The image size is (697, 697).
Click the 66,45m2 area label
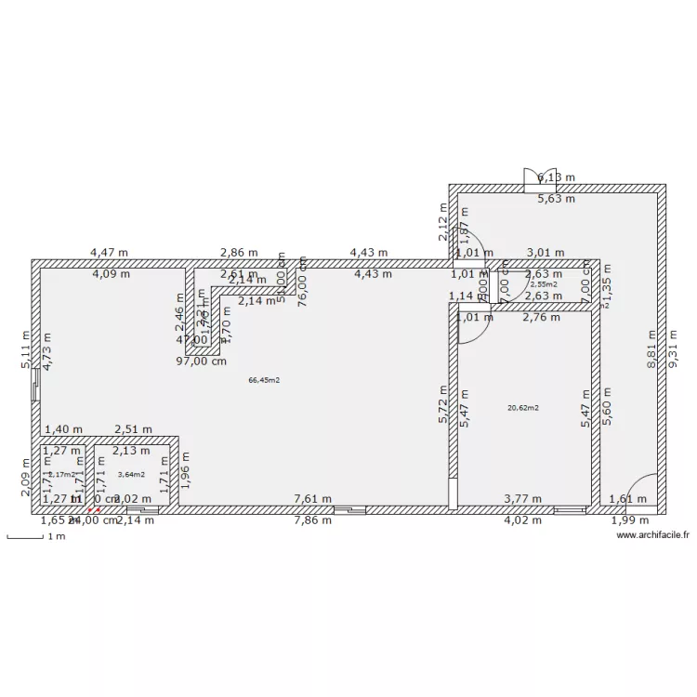click(264, 380)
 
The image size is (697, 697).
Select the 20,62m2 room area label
click(523, 407)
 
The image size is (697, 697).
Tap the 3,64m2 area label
click(131, 475)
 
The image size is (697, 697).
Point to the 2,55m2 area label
click(544, 284)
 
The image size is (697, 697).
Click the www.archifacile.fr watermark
click(654, 535)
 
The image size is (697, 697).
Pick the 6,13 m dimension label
click(557, 178)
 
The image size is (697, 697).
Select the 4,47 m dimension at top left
click(109, 252)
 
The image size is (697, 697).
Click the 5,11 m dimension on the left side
click(26, 352)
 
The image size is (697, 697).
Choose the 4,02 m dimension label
click(521, 519)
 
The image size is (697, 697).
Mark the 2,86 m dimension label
click(239, 252)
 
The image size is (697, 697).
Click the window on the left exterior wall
click(35, 385)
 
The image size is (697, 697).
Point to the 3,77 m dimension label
click(522, 499)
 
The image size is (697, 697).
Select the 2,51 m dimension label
click(133, 429)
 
